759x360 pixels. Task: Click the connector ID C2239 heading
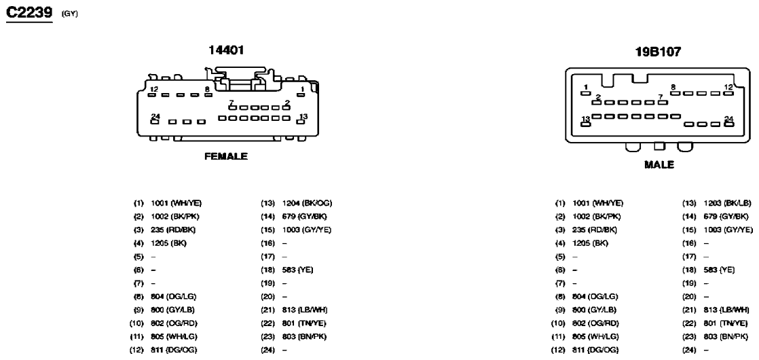pos(29,13)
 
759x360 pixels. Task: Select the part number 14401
pos(226,50)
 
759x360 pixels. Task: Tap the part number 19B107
pos(658,52)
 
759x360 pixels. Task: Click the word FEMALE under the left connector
pos(226,156)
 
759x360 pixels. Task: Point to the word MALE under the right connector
pos(659,165)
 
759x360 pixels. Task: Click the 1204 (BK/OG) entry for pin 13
pos(307,203)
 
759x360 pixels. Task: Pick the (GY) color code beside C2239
pos(70,14)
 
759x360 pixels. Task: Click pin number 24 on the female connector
pos(155,116)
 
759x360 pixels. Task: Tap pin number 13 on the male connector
pos(586,119)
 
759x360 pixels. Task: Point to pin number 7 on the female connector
pos(232,103)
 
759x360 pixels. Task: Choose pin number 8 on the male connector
pos(673,87)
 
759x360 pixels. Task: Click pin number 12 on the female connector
pos(154,89)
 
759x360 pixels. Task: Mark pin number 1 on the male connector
pos(586,87)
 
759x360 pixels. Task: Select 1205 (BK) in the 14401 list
pos(169,243)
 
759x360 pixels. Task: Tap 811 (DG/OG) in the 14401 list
pos(174,350)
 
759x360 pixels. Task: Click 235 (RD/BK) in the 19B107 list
pos(595,230)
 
